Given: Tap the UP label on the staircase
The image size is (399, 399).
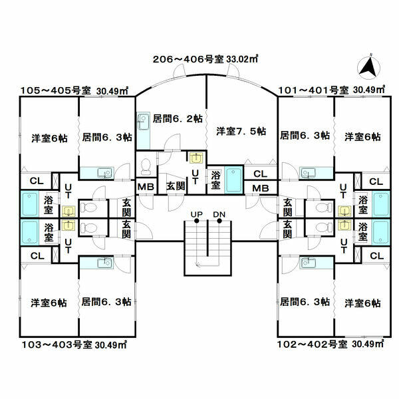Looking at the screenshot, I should point(197,214).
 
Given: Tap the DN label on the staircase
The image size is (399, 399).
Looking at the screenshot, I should point(219,214).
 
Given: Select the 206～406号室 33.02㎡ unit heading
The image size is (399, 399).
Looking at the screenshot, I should point(205,59).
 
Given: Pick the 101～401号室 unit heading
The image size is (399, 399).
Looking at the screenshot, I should point(332,89).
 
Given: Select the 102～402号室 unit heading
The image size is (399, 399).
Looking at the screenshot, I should point(331,344).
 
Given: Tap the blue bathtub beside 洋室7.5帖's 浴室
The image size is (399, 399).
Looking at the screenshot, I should point(233,180).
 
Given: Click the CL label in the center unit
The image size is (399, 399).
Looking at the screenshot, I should point(261,174).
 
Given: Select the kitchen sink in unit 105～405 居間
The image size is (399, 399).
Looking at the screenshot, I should point(103,173).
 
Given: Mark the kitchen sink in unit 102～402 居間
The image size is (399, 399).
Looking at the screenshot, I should point(307,262).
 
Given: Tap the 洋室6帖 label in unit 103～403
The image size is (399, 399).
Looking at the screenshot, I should point(49,303).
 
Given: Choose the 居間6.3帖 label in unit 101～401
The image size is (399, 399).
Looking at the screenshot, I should point(305,136).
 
